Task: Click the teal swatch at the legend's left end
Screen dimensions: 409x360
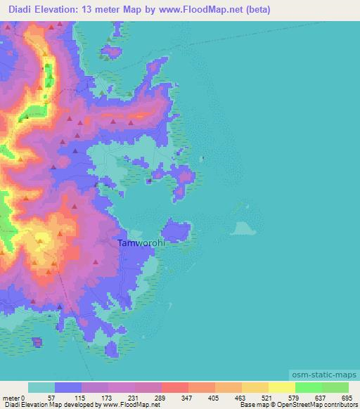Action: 41,387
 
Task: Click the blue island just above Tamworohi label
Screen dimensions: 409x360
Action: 176,230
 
